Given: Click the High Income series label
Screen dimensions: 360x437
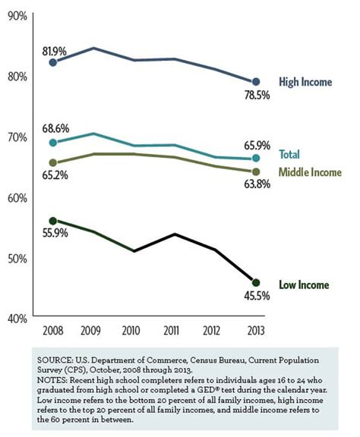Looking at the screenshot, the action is pos(305,82).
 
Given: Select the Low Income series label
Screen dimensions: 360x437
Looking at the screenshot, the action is pos(304,285).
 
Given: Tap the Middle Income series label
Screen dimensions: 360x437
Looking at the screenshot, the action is pos(310,172).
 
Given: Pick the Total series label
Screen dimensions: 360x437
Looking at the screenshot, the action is pos(289,155).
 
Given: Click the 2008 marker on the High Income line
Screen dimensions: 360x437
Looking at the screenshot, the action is pos(52,62).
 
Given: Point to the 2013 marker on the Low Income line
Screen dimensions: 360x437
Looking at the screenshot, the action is pos(256,282).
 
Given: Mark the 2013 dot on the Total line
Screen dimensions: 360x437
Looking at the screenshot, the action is pos(256,158).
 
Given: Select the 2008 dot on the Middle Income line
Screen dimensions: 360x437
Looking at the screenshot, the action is pos(52,162).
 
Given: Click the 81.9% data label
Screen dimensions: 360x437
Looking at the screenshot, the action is pos(54,52).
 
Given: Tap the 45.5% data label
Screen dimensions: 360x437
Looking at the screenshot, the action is pos(257,296).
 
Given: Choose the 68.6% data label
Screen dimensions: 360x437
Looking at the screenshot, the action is pos(55,129).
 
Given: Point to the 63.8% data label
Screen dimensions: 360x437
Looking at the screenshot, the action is pos(257,184).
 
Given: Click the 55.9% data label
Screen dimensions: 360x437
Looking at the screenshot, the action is pos(55,233).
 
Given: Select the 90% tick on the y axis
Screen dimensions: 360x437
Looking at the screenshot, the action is pos(17,16).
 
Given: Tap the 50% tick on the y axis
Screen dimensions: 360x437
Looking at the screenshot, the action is pos(17,259).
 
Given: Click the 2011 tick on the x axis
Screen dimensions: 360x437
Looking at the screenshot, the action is pos(171,331).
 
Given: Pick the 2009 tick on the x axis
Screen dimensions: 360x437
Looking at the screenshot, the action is pos(90,331).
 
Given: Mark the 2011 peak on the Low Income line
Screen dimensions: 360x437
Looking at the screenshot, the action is pos(175,234).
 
